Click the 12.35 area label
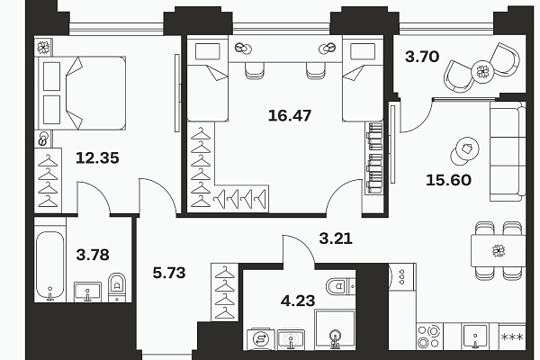point(97,158)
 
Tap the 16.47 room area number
point(290,115)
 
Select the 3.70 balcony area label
point(422,57)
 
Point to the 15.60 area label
point(448,180)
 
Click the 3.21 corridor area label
point(336,238)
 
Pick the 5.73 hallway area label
point(169,273)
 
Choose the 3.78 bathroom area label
point(93,255)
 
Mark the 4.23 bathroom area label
point(298,301)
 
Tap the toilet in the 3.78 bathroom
point(117,287)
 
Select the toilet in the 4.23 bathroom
point(339,286)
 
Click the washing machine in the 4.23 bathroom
point(261,339)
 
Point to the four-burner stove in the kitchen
point(429,337)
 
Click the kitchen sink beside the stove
point(475,337)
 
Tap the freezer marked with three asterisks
point(512,337)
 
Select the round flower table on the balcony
point(482,72)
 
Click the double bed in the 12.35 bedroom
point(81,94)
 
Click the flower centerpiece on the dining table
point(499,250)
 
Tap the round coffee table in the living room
point(464,151)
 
